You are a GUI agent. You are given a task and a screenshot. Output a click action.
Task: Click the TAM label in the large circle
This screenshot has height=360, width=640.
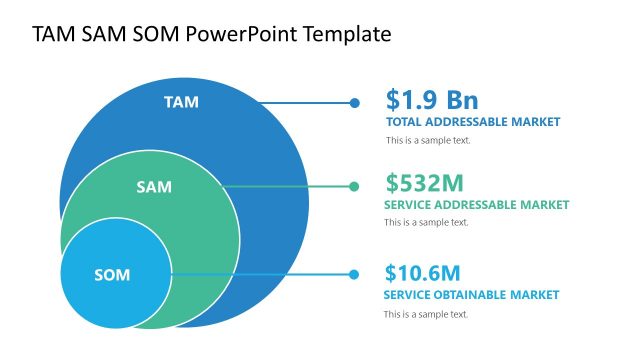(x=181, y=101)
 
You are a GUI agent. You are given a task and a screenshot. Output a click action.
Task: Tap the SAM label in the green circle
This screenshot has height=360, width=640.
(x=154, y=187)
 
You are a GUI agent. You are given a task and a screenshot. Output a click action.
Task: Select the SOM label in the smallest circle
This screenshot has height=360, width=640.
(x=112, y=274)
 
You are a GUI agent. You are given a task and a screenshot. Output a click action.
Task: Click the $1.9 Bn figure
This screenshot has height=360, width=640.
(x=432, y=100)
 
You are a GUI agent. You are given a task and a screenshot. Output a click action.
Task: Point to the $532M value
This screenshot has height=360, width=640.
(x=424, y=183)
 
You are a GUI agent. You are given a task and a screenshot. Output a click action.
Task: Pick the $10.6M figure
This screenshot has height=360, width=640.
(x=422, y=273)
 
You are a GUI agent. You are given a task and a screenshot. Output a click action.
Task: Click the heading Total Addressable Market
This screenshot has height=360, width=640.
(x=473, y=122)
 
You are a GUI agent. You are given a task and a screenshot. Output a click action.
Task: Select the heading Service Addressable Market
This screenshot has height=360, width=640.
(x=476, y=204)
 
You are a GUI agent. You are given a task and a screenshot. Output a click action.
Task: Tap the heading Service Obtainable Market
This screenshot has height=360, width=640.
(x=471, y=295)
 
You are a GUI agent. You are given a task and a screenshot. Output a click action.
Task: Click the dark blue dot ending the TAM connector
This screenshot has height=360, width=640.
(x=354, y=102)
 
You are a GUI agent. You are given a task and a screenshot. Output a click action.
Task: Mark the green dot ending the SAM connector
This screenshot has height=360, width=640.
(x=354, y=186)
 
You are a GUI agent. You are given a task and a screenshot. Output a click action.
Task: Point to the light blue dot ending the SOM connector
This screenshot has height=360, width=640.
(x=354, y=274)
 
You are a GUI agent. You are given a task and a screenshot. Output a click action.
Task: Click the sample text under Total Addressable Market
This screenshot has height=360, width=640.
(x=428, y=140)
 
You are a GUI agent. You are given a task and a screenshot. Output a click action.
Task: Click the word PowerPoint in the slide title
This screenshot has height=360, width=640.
(x=254, y=34)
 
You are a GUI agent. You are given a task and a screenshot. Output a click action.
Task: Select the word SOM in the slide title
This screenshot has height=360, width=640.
(x=153, y=34)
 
